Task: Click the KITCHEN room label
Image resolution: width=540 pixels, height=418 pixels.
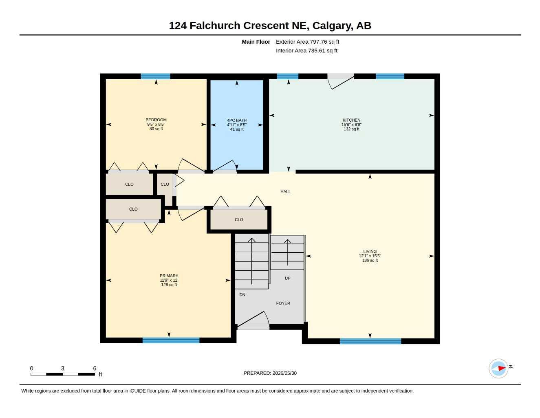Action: coord(351,120)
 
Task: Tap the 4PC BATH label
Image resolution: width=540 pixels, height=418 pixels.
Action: coord(236,120)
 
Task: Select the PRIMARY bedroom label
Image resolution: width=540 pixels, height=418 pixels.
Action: coord(169,276)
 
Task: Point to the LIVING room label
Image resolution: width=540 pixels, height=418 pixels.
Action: coord(370,251)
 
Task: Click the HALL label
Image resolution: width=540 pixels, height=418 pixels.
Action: coord(285,191)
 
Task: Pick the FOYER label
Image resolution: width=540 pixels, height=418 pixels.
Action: coord(283,303)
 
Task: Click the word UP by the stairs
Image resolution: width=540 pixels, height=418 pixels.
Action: coord(287,278)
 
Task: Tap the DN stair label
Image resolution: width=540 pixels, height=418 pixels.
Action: coord(242,295)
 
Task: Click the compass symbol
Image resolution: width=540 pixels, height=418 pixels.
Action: coord(498,369)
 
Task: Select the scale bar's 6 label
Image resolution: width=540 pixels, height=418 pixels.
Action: coord(95,368)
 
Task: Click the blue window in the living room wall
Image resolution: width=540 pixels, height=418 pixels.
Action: coord(370,341)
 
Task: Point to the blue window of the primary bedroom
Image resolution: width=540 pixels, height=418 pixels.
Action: coord(171,340)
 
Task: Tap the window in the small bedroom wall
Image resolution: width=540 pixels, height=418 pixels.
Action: coord(156,76)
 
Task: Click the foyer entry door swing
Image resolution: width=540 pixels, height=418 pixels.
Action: coord(253,319)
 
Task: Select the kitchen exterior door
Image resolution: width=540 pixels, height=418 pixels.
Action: coord(340,81)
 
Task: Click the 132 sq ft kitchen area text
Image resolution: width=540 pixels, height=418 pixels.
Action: coord(351,129)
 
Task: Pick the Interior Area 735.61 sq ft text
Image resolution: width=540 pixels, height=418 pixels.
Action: coord(306,51)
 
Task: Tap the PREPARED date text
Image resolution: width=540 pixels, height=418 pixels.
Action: coord(270,373)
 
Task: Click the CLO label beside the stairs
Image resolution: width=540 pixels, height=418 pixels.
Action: coord(239,220)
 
